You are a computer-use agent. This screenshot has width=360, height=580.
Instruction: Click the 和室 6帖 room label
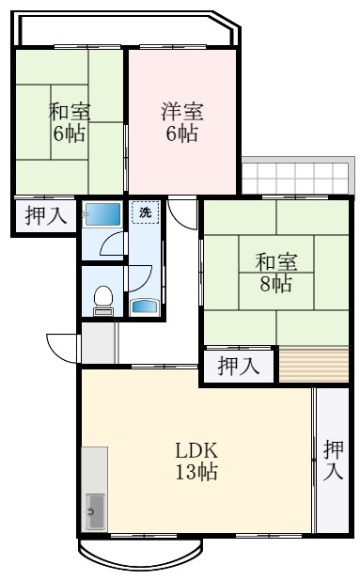click(69, 121)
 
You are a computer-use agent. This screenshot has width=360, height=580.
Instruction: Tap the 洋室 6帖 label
click(180, 121)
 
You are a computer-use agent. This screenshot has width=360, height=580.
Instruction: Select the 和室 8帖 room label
click(274, 268)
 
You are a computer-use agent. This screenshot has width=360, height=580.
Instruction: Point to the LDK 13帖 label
click(196, 460)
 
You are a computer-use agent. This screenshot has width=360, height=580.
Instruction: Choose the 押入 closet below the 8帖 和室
click(239, 366)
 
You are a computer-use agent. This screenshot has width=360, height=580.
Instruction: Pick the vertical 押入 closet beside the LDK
click(333, 460)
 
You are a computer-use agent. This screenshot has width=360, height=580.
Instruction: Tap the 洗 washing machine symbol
click(145, 212)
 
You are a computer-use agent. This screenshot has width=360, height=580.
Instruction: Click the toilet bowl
click(102, 297)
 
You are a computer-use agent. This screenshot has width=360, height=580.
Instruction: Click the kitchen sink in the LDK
click(95, 509)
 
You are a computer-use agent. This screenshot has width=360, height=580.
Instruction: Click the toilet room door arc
click(139, 278)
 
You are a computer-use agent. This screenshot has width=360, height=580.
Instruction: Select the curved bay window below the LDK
click(140, 556)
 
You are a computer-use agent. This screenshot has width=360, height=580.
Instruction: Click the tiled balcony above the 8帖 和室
click(295, 176)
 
